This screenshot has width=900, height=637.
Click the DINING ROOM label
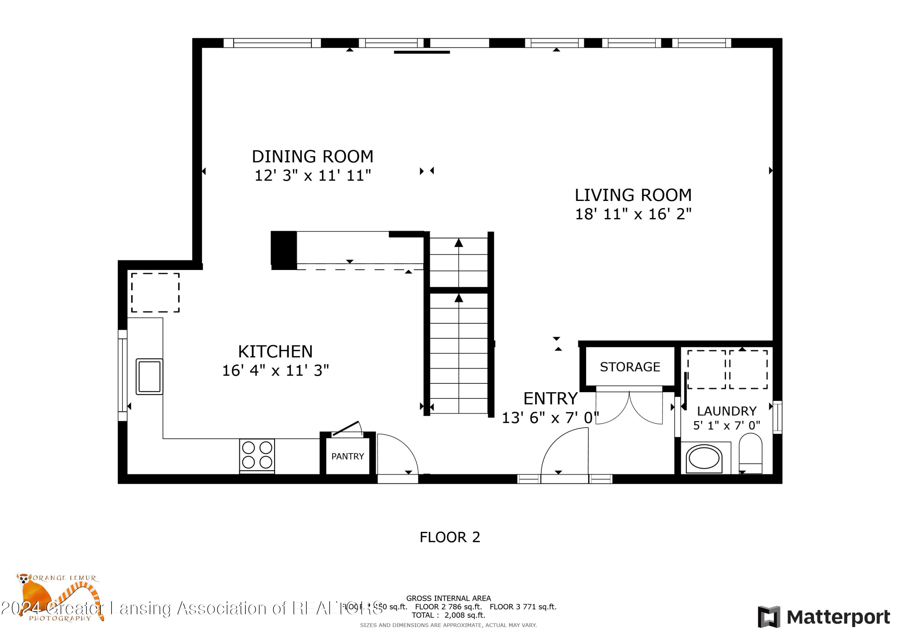[x=312, y=156]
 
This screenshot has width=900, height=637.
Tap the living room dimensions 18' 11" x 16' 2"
[x=633, y=214]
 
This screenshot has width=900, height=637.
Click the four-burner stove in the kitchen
[x=257, y=455]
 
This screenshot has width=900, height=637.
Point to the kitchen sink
[x=149, y=376]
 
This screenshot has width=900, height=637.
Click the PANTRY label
[x=347, y=457]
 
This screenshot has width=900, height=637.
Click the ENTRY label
[x=550, y=399]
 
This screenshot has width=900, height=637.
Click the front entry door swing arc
[x=565, y=451]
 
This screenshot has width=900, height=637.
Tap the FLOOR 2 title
[x=450, y=537]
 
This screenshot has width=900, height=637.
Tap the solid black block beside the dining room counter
[x=283, y=250]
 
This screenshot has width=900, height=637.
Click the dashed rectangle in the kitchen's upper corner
[x=155, y=293]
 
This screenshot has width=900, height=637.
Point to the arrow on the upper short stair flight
[x=459, y=243]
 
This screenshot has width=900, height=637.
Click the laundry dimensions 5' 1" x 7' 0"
[x=726, y=426]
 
